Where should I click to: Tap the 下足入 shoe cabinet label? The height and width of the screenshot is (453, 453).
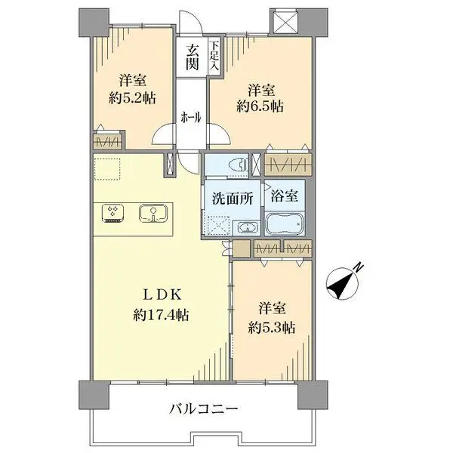click(x=214, y=57)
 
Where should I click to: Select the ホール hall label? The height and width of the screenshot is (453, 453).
click(x=190, y=117)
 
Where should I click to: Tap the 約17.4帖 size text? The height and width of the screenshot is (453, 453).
click(x=162, y=316)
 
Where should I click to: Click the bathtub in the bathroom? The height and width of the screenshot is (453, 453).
click(x=285, y=226)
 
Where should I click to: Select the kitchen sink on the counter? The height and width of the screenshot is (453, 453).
click(x=153, y=214)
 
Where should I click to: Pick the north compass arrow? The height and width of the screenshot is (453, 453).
click(x=343, y=282)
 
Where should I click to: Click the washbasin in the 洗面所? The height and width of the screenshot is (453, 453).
click(x=246, y=229)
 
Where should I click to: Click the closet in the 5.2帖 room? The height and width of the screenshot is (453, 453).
click(x=109, y=142)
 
